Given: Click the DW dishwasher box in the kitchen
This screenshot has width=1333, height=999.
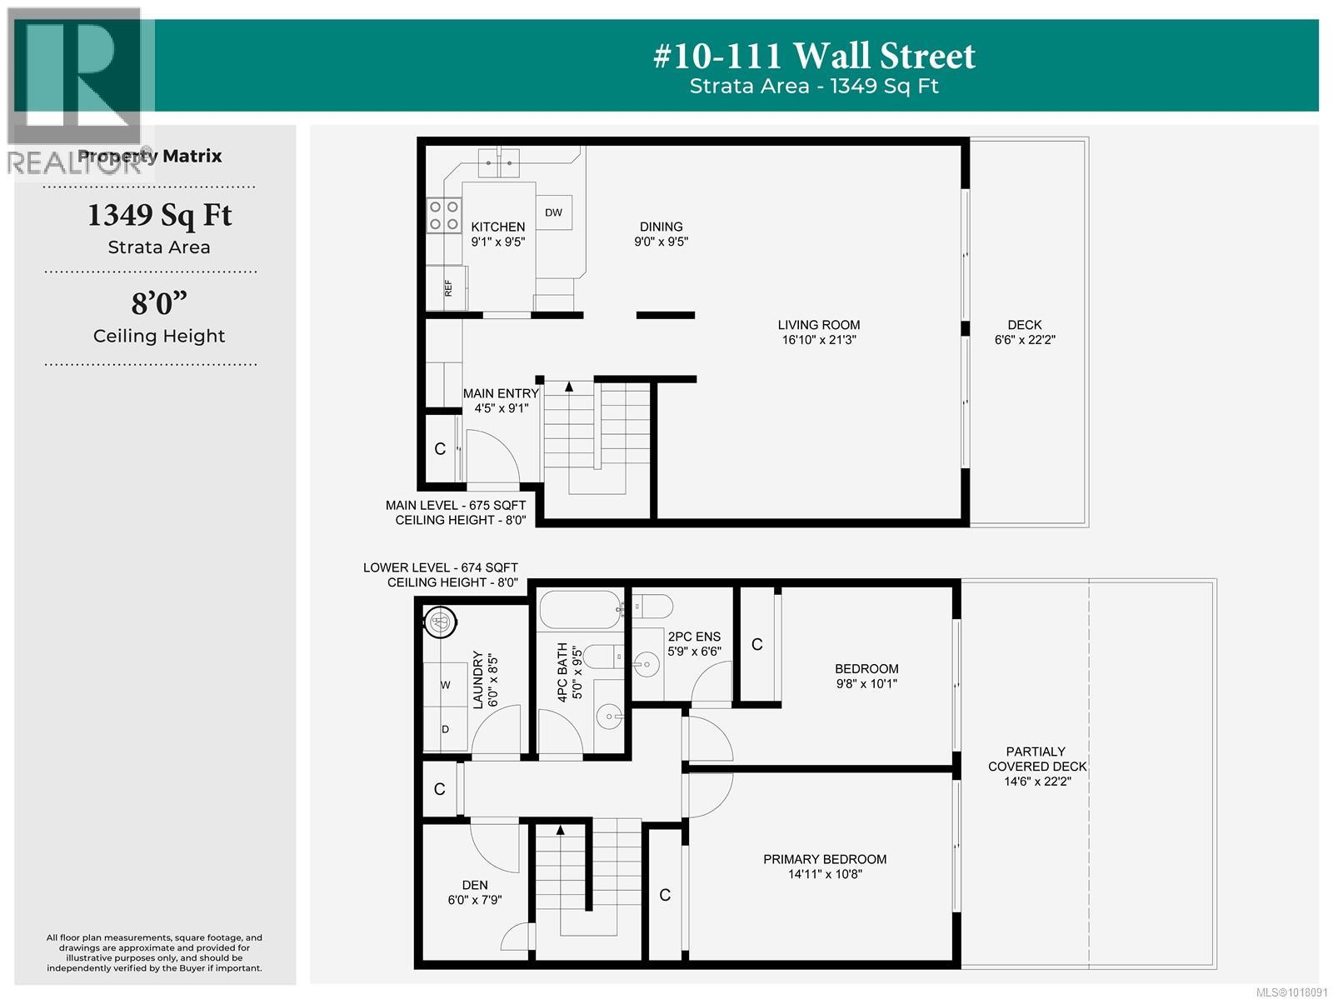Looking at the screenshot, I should [553, 212].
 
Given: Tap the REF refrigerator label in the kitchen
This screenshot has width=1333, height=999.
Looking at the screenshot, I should [448, 288].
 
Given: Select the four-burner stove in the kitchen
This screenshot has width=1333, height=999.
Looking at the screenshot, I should [443, 215].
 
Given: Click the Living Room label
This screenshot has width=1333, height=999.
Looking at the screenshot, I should [818, 332].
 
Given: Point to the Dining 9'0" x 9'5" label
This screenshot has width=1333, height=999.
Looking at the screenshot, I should [661, 234].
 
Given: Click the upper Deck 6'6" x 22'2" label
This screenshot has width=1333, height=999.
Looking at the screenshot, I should [1024, 332].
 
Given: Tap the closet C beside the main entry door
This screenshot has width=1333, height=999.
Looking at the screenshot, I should [440, 449].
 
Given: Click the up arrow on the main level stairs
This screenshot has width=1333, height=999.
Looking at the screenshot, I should [569, 387].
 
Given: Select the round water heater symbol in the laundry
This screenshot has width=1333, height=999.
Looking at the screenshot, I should [440, 621].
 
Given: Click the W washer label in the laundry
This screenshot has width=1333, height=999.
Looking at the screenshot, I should [445, 685].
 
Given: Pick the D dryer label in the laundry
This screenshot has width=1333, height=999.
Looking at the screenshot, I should [445, 729].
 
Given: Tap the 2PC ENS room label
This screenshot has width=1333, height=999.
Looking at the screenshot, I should [694, 644].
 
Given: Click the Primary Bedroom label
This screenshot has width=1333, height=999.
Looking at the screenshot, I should [825, 867].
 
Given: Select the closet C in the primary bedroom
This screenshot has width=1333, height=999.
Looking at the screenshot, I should [665, 895].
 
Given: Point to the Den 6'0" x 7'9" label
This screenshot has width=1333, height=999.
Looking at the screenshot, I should [475, 892].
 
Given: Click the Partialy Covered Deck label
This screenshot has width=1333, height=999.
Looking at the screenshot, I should [1036, 766].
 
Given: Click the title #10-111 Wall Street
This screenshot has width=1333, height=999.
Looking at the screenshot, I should [814, 56].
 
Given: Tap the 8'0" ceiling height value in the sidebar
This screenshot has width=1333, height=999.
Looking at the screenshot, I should [158, 303].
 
